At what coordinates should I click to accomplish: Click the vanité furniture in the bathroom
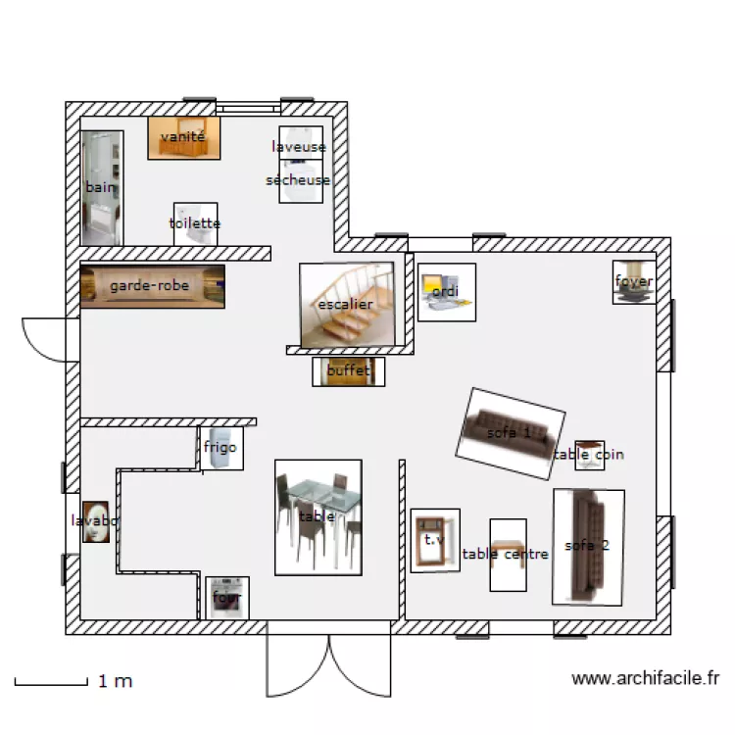click(183, 138)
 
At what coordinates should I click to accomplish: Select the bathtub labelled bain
click(102, 188)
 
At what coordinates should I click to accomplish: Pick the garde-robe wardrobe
click(152, 286)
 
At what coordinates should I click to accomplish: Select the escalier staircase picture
click(346, 305)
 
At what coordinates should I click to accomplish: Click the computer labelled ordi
click(446, 292)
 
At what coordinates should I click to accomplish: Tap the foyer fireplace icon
click(634, 282)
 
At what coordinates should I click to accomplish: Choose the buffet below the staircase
click(348, 371)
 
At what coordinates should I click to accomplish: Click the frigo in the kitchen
click(220, 449)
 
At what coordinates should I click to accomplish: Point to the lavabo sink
click(95, 522)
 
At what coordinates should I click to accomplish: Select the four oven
click(226, 597)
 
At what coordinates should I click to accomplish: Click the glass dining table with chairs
click(318, 516)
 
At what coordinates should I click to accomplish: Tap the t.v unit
click(434, 540)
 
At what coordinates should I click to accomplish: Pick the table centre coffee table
click(508, 555)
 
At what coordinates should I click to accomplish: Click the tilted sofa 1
click(510, 433)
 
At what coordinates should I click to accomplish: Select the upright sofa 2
click(588, 546)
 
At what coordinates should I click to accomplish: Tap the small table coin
click(588, 455)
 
